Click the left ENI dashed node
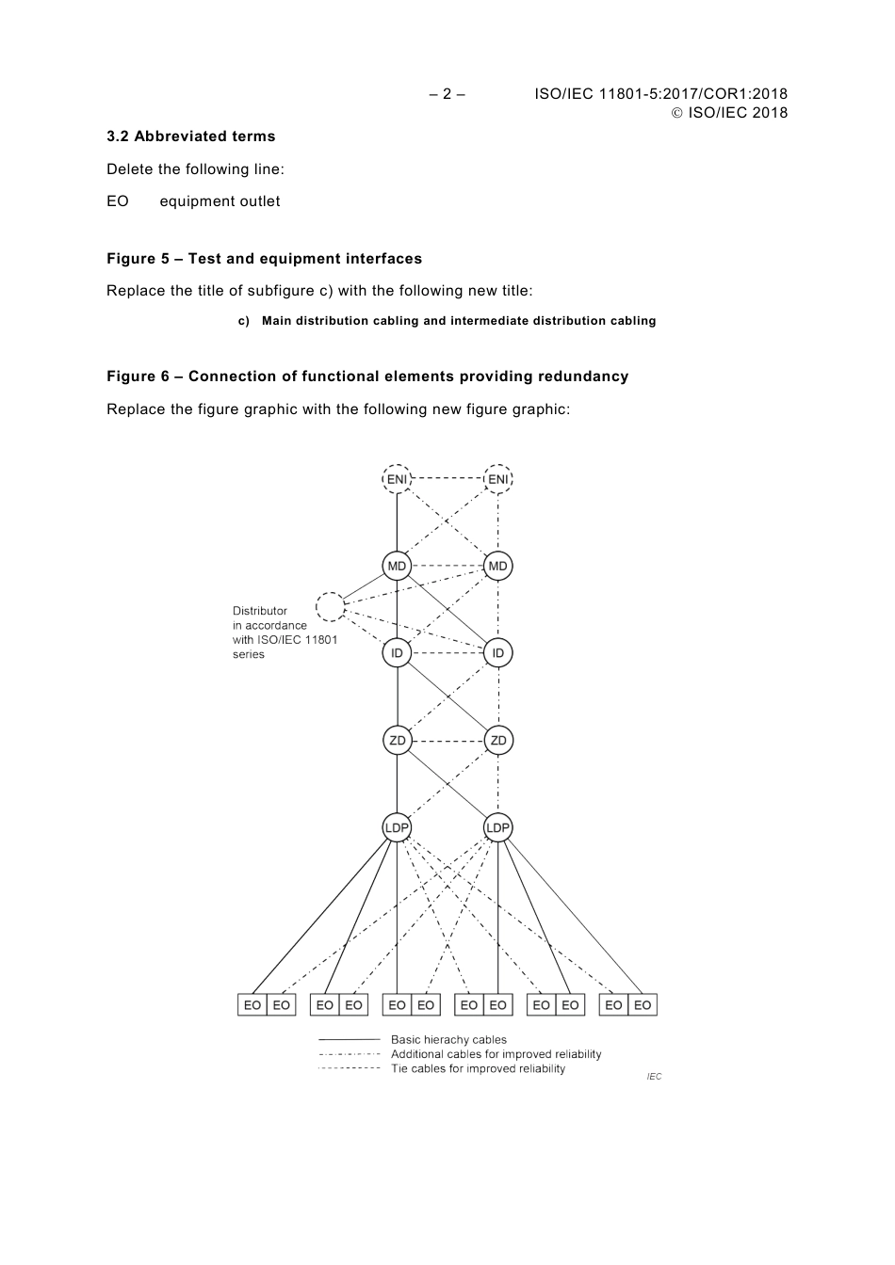point(397,479)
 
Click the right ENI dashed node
point(497,479)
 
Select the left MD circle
point(397,566)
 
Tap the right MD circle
point(497,566)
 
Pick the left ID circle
point(397,653)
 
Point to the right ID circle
point(497,653)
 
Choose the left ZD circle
point(397,741)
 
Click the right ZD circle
point(497,741)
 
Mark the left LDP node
point(397,828)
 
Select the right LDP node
point(497,828)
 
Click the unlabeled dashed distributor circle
point(331,607)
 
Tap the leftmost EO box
point(252,1005)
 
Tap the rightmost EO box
point(643,1005)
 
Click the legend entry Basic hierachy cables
point(448,1040)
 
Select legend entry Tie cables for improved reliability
point(478,1069)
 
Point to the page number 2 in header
point(447,94)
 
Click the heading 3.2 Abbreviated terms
point(191,136)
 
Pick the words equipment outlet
point(220,201)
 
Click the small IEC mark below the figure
point(654,1077)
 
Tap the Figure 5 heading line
point(264,259)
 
